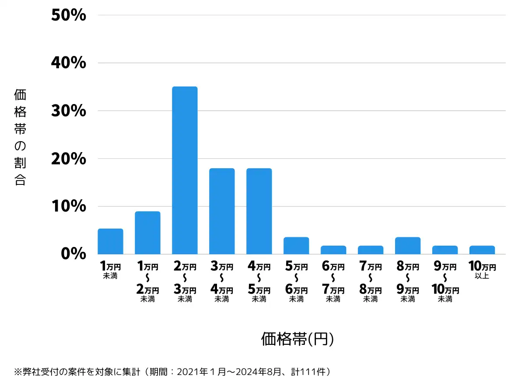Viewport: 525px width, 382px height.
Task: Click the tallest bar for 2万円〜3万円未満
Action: click(x=185, y=170)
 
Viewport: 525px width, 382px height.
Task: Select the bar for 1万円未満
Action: click(x=110, y=241)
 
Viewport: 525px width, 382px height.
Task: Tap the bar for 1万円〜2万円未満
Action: click(x=147, y=233)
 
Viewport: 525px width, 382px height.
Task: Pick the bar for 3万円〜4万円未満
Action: click(x=222, y=211)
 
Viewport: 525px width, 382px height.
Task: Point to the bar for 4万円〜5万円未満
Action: click(x=259, y=211)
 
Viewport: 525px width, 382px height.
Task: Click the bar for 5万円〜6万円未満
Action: click(x=296, y=246)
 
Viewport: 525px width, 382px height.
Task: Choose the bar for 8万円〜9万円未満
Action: click(x=408, y=246)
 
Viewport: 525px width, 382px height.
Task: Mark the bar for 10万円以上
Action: click(x=482, y=250)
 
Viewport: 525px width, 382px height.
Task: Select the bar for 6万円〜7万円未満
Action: click(x=333, y=250)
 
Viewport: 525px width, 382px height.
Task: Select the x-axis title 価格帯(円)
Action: click(x=297, y=339)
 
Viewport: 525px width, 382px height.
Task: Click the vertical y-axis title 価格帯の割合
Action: click(x=20, y=137)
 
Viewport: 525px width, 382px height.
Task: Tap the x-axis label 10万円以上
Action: click(x=482, y=270)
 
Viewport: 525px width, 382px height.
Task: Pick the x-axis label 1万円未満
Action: click(x=110, y=270)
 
